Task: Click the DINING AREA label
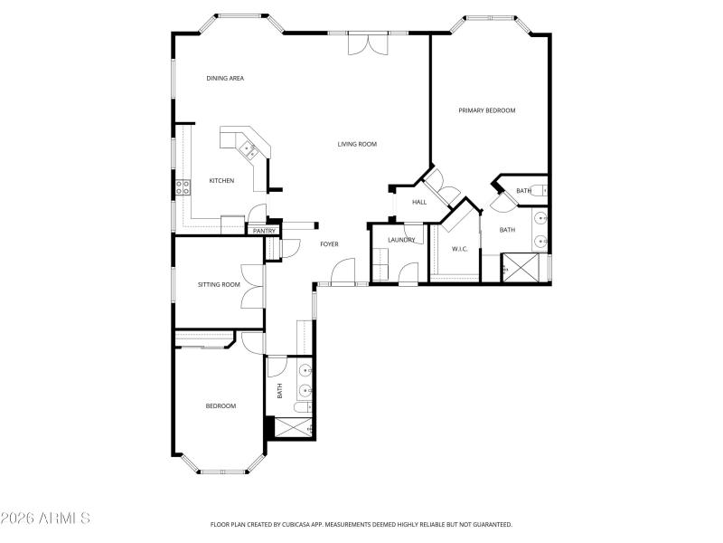[x=225, y=79]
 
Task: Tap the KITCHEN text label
[x=221, y=181]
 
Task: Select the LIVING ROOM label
[x=357, y=144]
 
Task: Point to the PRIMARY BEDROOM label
[x=486, y=110]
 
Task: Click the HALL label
[x=419, y=202]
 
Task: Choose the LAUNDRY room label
[x=401, y=240]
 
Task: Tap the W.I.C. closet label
[x=459, y=249]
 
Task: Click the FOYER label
[x=329, y=244]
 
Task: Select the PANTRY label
[x=264, y=231]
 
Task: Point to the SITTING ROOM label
[x=219, y=285]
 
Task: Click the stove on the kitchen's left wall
[x=183, y=187]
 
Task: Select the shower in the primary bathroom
[x=519, y=268]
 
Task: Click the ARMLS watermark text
[x=45, y=519]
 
